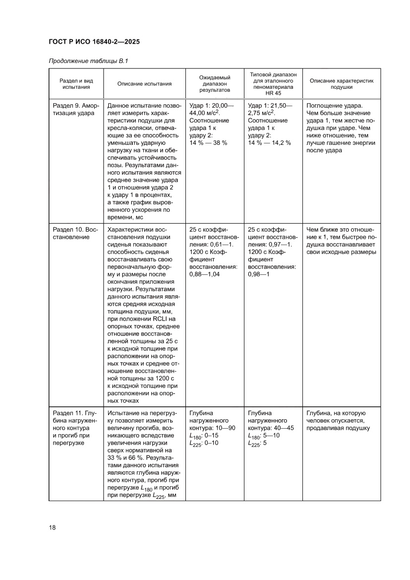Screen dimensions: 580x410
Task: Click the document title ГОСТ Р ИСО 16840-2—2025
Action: (x=94, y=42)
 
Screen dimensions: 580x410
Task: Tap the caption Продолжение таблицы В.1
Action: (x=88, y=61)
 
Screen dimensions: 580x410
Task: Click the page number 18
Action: (x=52, y=527)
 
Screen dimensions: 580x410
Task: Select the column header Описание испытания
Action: (x=144, y=83)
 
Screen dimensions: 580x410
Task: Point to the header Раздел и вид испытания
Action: (x=76, y=83)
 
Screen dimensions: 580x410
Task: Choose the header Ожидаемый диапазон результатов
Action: (x=215, y=84)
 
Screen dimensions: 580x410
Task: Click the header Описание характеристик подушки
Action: (x=341, y=83)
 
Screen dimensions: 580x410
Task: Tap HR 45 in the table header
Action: (x=273, y=93)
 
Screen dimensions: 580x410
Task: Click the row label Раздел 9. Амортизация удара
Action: (x=76, y=109)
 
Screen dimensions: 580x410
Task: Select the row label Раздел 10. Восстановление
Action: (x=76, y=233)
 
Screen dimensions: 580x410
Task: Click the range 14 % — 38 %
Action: (x=208, y=143)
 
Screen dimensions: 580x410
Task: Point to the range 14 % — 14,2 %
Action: (x=269, y=143)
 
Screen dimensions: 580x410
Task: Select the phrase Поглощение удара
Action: (x=334, y=106)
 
